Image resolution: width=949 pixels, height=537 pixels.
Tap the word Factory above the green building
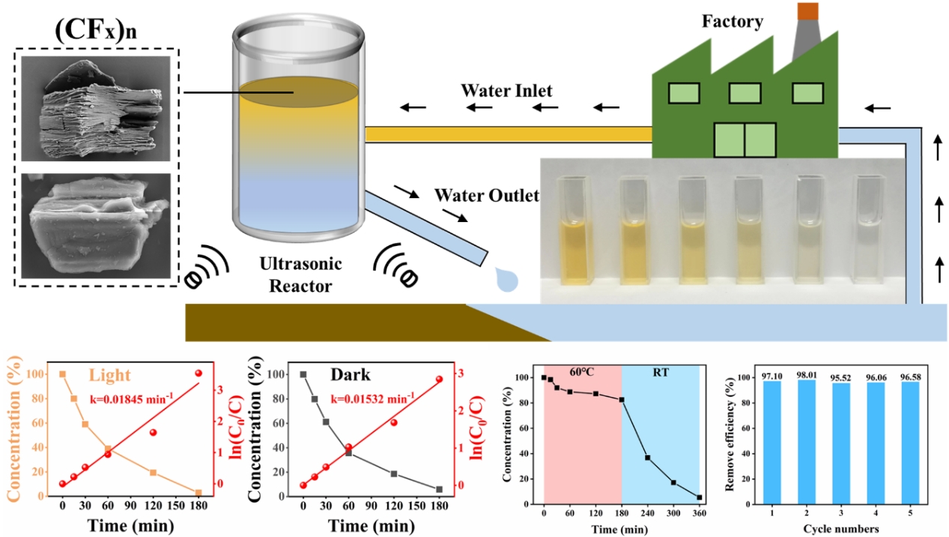(x=731, y=21)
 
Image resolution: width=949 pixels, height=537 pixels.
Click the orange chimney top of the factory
(x=807, y=10)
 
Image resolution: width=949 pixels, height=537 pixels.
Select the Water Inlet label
(x=506, y=91)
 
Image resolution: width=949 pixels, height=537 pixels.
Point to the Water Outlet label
(x=487, y=196)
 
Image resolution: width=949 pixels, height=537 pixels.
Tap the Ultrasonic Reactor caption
(x=300, y=275)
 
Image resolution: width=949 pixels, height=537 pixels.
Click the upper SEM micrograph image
(x=95, y=110)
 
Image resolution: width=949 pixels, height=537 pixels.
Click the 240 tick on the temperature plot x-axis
(x=646, y=513)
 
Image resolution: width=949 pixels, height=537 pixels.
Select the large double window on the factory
(x=745, y=140)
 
